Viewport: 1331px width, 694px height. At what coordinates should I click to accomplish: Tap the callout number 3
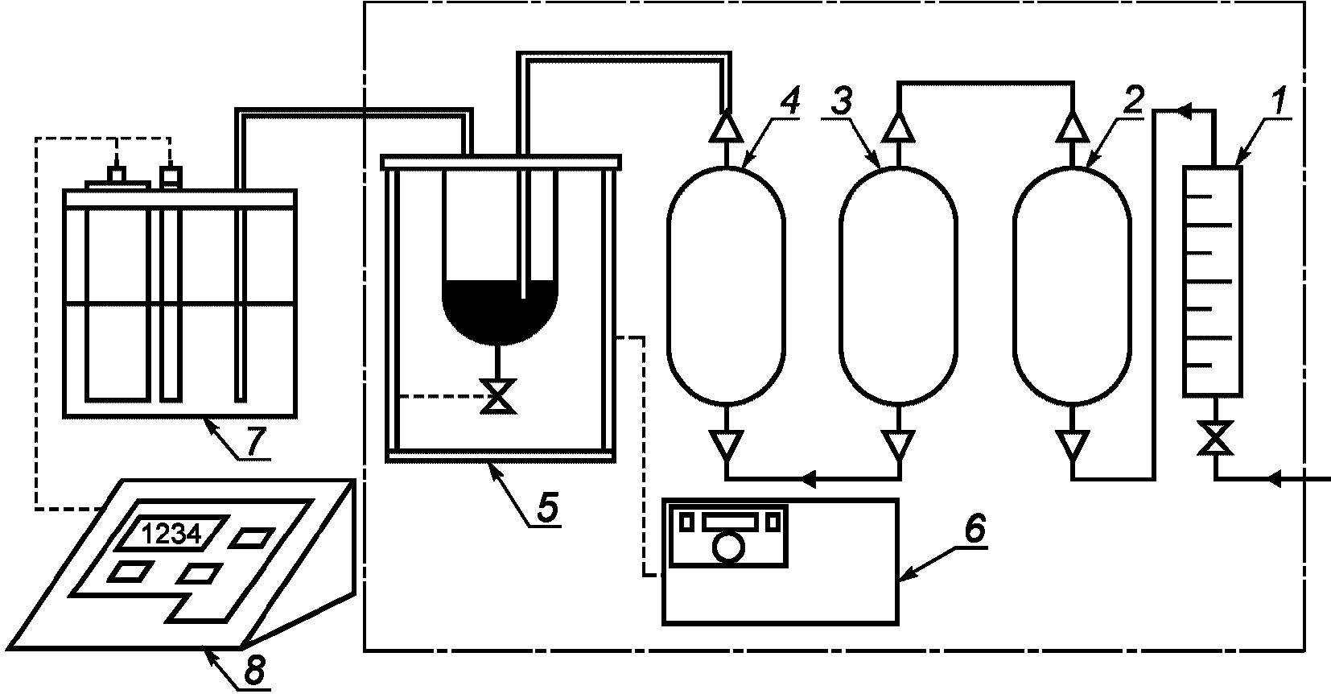pyautogui.click(x=842, y=101)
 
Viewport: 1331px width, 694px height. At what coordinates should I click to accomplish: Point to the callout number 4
pyautogui.click(x=789, y=101)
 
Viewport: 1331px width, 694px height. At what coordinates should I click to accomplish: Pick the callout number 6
pyautogui.click(x=975, y=528)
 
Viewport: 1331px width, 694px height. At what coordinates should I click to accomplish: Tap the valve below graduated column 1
pyautogui.click(x=1214, y=438)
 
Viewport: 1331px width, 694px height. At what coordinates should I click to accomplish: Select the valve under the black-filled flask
pyautogui.click(x=498, y=395)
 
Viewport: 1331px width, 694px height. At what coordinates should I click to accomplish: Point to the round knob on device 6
pyautogui.click(x=728, y=547)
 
